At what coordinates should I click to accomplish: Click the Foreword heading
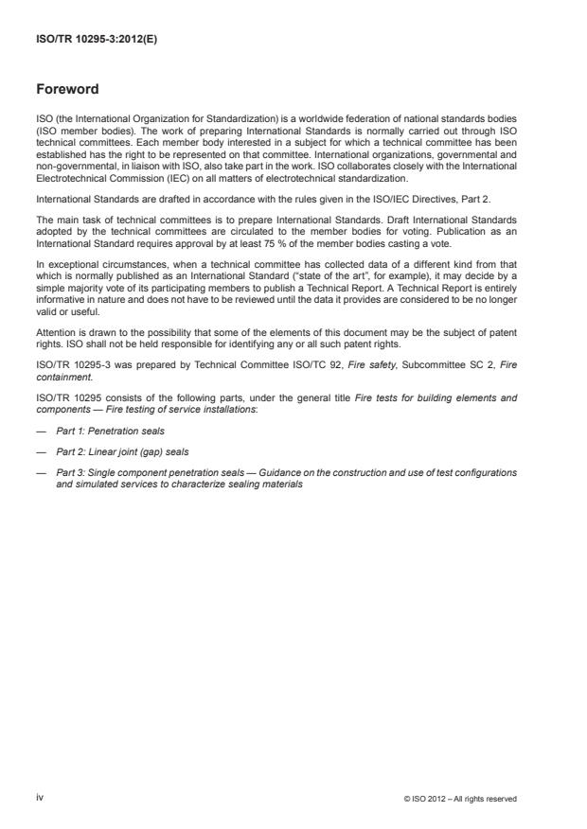tap(66, 90)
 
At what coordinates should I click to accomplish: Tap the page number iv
tap(39, 798)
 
